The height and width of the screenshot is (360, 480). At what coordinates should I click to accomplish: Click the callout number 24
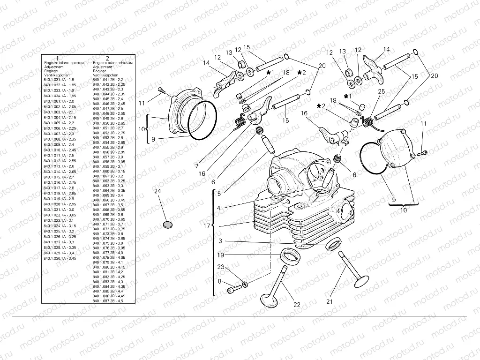tap(157, 191)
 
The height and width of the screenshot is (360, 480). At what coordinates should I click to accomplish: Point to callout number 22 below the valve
tap(297, 304)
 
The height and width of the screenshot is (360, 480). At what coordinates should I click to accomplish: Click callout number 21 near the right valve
tap(329, 301)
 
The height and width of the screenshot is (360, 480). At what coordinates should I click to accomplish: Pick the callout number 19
tap(221, 255)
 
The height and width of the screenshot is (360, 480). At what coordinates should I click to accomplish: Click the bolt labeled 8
tap(231, 292)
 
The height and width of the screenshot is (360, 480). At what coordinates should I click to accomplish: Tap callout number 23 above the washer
tap(221, 267)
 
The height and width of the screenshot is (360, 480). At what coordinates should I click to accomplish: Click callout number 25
tap(381, 92)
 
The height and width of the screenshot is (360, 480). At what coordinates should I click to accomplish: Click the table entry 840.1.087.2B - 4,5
tap(108, 301)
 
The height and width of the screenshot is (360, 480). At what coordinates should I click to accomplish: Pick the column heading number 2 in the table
tap(107, 58)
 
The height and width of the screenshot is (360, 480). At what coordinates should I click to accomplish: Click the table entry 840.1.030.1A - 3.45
tap(60, 258)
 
